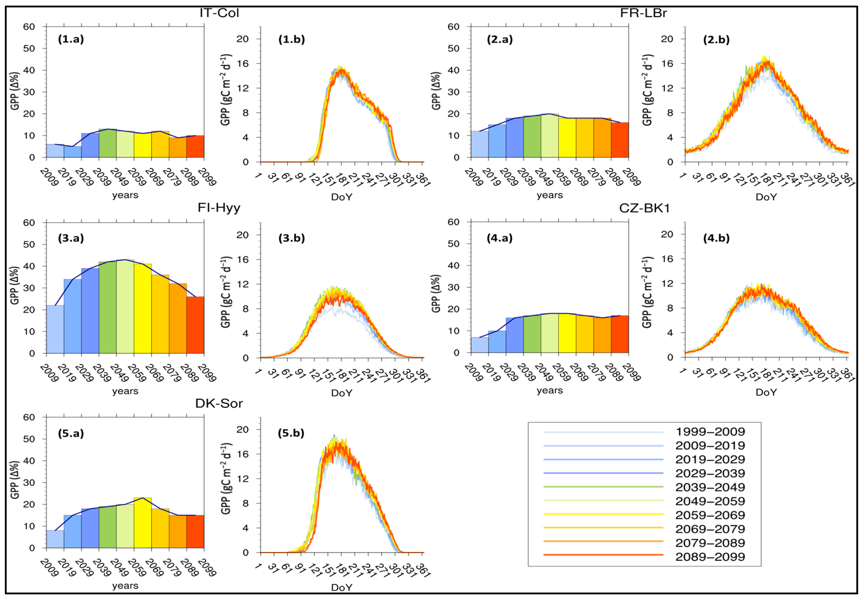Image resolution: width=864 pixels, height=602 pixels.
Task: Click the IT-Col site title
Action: click(219, 13)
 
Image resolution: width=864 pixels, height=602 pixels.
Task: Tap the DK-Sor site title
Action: click(219, 404)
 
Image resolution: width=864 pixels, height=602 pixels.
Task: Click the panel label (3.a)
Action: click(71, 238)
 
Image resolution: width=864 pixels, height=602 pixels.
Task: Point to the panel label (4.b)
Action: click(716, 238)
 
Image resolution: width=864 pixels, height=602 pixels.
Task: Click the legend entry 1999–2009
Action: click(710, 432)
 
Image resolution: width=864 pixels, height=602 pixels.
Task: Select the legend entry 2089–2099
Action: click(710, 557)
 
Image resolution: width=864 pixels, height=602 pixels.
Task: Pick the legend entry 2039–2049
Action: click(710, 487)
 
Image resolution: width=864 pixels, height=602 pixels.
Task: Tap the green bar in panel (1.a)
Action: click(108, 143)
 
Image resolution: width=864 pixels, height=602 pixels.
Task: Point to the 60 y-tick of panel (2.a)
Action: click(453, 27)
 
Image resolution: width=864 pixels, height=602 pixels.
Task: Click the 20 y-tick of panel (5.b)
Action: click(242, 429)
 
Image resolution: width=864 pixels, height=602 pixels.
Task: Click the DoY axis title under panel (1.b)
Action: click(341, 197)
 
